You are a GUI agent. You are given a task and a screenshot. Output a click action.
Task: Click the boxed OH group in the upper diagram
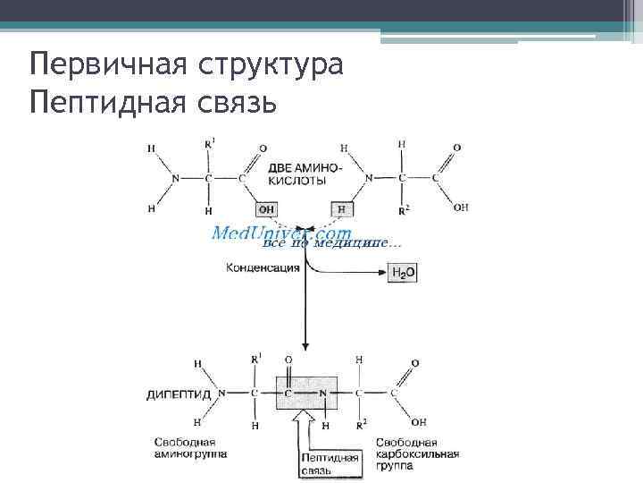tap(267, 209)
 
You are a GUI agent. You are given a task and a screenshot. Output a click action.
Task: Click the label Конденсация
tap(263, 267)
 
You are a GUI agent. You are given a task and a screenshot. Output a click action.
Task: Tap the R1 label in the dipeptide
tap(256, 360)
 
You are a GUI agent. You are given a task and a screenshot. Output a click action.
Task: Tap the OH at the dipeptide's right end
tap(419, 420)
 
